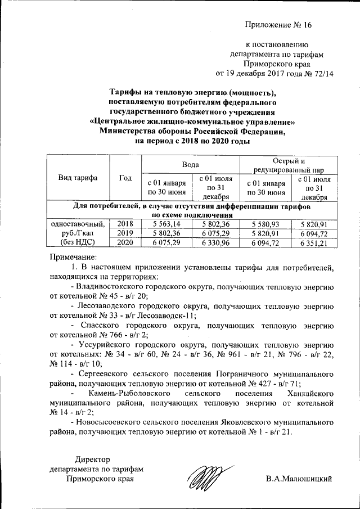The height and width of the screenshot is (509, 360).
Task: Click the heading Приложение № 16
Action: tap(277, 25)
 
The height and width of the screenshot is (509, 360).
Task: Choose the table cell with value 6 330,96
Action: tap(216, 242)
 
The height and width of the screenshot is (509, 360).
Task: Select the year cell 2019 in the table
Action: tap(125, 233)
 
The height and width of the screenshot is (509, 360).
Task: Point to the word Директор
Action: tap(94, 460)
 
